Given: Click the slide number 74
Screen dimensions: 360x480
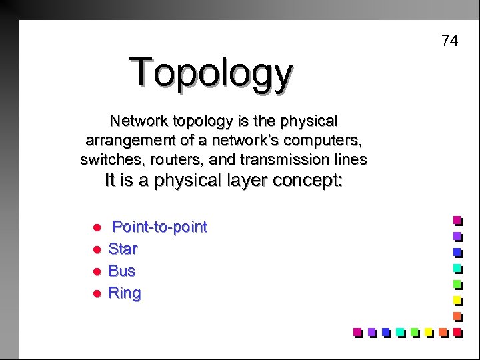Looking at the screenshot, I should [450, 41].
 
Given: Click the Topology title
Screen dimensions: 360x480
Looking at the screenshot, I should [211, 73].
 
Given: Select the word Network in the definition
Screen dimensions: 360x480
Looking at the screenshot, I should [139, 121].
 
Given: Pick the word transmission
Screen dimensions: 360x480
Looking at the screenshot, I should [269, 160].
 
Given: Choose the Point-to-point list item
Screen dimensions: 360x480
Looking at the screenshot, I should [159, 227].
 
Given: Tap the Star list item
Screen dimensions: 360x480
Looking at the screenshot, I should [123, 249].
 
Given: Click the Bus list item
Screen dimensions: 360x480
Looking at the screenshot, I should [121, 271].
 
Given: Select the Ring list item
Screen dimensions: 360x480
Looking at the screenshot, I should [125, 293].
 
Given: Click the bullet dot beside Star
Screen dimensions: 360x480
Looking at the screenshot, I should [96, 250].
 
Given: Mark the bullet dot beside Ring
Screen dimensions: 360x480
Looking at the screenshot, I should [96, 294].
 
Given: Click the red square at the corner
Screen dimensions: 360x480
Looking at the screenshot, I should [457, 331].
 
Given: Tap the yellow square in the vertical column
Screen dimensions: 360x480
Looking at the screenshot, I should [457, 299].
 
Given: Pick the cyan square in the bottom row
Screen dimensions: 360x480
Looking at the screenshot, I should [400, 331].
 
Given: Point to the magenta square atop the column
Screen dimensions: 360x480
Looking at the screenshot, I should [457, 219].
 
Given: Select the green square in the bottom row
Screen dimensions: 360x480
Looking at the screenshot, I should [414, 331].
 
